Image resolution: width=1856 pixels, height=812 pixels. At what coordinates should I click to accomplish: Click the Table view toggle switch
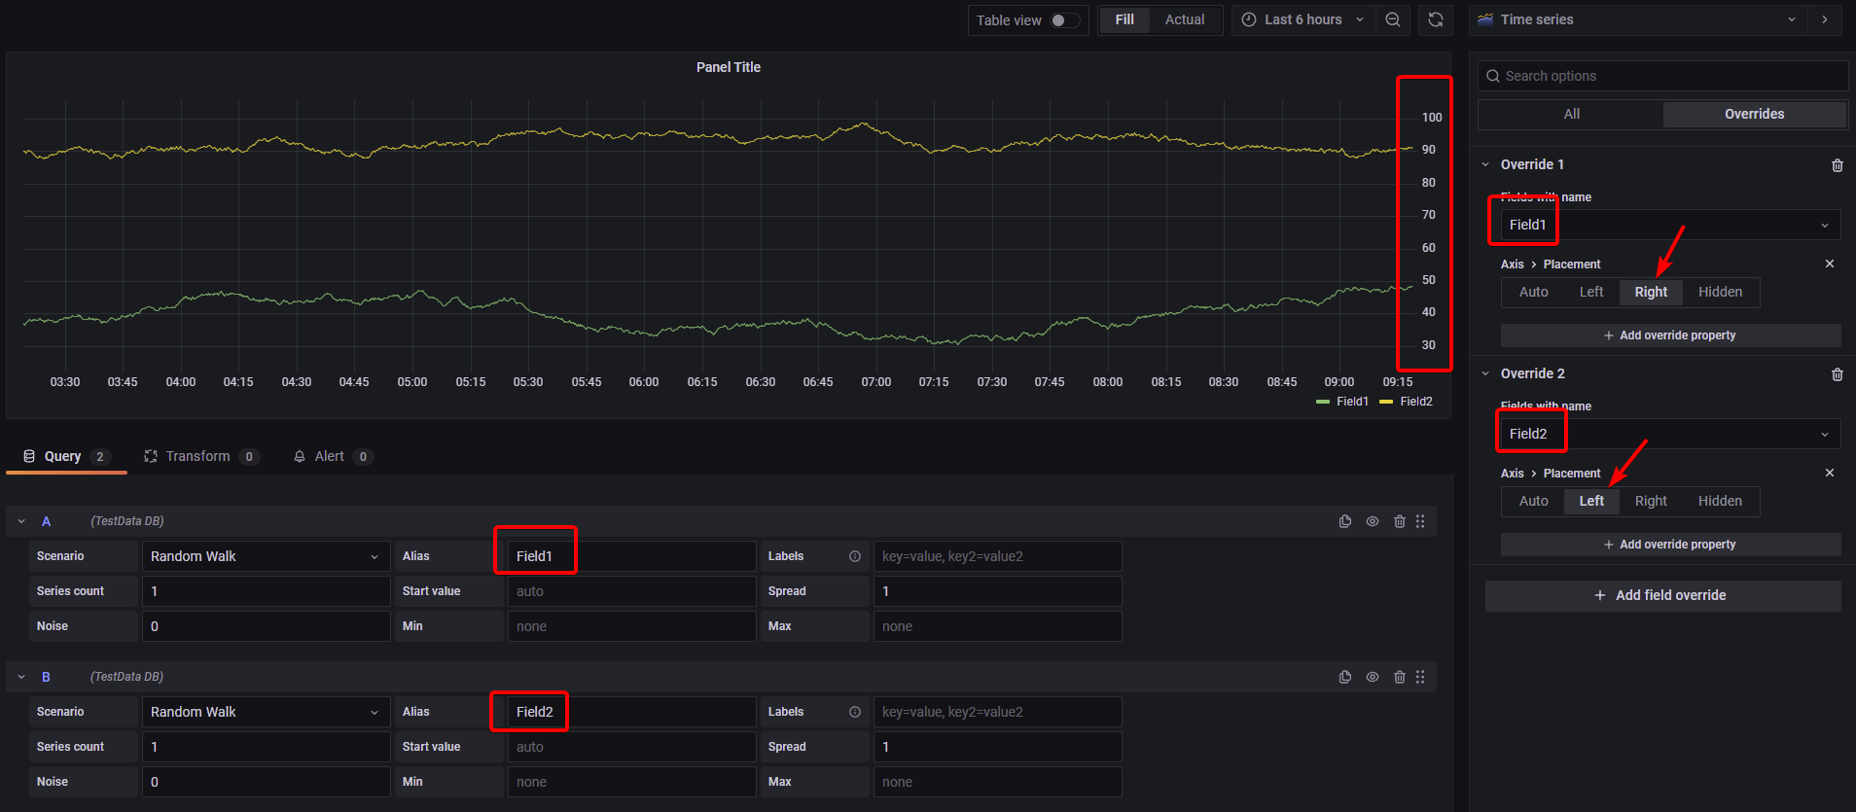tap(1064, 20)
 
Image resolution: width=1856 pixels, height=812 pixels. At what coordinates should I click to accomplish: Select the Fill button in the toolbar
tap(1124, 19)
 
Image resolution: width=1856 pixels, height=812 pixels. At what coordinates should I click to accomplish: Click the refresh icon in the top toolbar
tap(1435, 19)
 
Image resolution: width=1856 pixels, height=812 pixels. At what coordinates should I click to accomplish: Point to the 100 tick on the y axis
tap(1431, 118)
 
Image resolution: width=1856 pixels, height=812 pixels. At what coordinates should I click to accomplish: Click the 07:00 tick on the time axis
tap(875, 382)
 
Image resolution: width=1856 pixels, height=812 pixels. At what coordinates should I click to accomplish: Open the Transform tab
tap(197, 456)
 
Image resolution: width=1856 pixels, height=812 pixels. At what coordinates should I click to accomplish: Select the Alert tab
tap(329, 456)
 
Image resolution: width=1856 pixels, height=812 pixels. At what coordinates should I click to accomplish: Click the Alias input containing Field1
tap(630, 556)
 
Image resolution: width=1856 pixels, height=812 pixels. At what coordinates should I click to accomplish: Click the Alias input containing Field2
tap(630, 712)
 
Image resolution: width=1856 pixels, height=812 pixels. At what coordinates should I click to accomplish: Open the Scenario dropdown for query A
tap(265, 556)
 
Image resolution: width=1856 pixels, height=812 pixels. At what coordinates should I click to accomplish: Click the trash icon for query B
tap(1399, 677)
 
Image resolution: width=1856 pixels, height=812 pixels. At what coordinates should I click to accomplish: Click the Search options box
tap(1663, 76)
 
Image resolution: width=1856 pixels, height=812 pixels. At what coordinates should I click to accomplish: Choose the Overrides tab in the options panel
tap(1754, 114)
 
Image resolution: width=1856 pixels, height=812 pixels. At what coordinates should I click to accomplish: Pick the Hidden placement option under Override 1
tap(1720, 292)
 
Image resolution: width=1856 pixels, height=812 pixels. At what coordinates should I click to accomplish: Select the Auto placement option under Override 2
tap(1533, 501)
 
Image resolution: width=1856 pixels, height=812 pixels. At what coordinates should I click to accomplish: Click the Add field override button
tap(1662, 595)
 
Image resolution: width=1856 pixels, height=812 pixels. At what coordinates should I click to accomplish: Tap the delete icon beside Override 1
tap(1837, 165)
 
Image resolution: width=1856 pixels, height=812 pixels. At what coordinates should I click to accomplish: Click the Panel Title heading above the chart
tap(728, 67)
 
